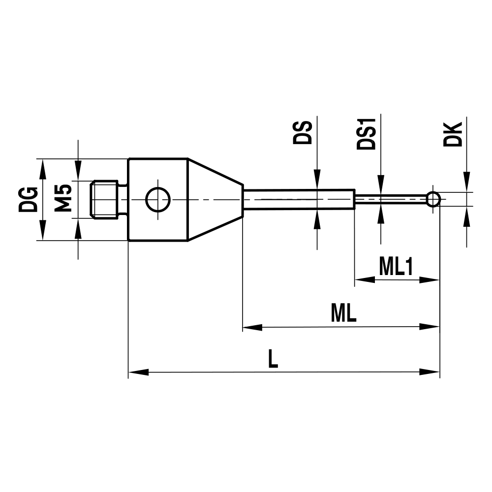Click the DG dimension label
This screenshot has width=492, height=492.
point(28,199)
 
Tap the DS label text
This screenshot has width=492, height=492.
point(302,131)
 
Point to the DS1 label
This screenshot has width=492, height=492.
point(366,134)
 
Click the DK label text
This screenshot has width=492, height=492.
point(452,133)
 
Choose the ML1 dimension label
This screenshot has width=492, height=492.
point(396,267)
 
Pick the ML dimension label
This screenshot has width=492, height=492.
point(343,313)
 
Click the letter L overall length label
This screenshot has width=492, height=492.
point(273,359)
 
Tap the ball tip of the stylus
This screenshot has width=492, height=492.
point(433,199)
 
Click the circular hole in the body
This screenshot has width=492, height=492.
point(158,200)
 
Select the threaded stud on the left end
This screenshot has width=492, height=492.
point(105,199)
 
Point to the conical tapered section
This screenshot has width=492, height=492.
point(215,200)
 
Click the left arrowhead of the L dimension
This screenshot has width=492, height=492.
point(138,372)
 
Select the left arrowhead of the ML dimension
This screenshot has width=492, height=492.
point(252,326)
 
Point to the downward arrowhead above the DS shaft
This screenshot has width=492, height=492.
point(317,180)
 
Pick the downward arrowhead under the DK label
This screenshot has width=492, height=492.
point(466,182)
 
